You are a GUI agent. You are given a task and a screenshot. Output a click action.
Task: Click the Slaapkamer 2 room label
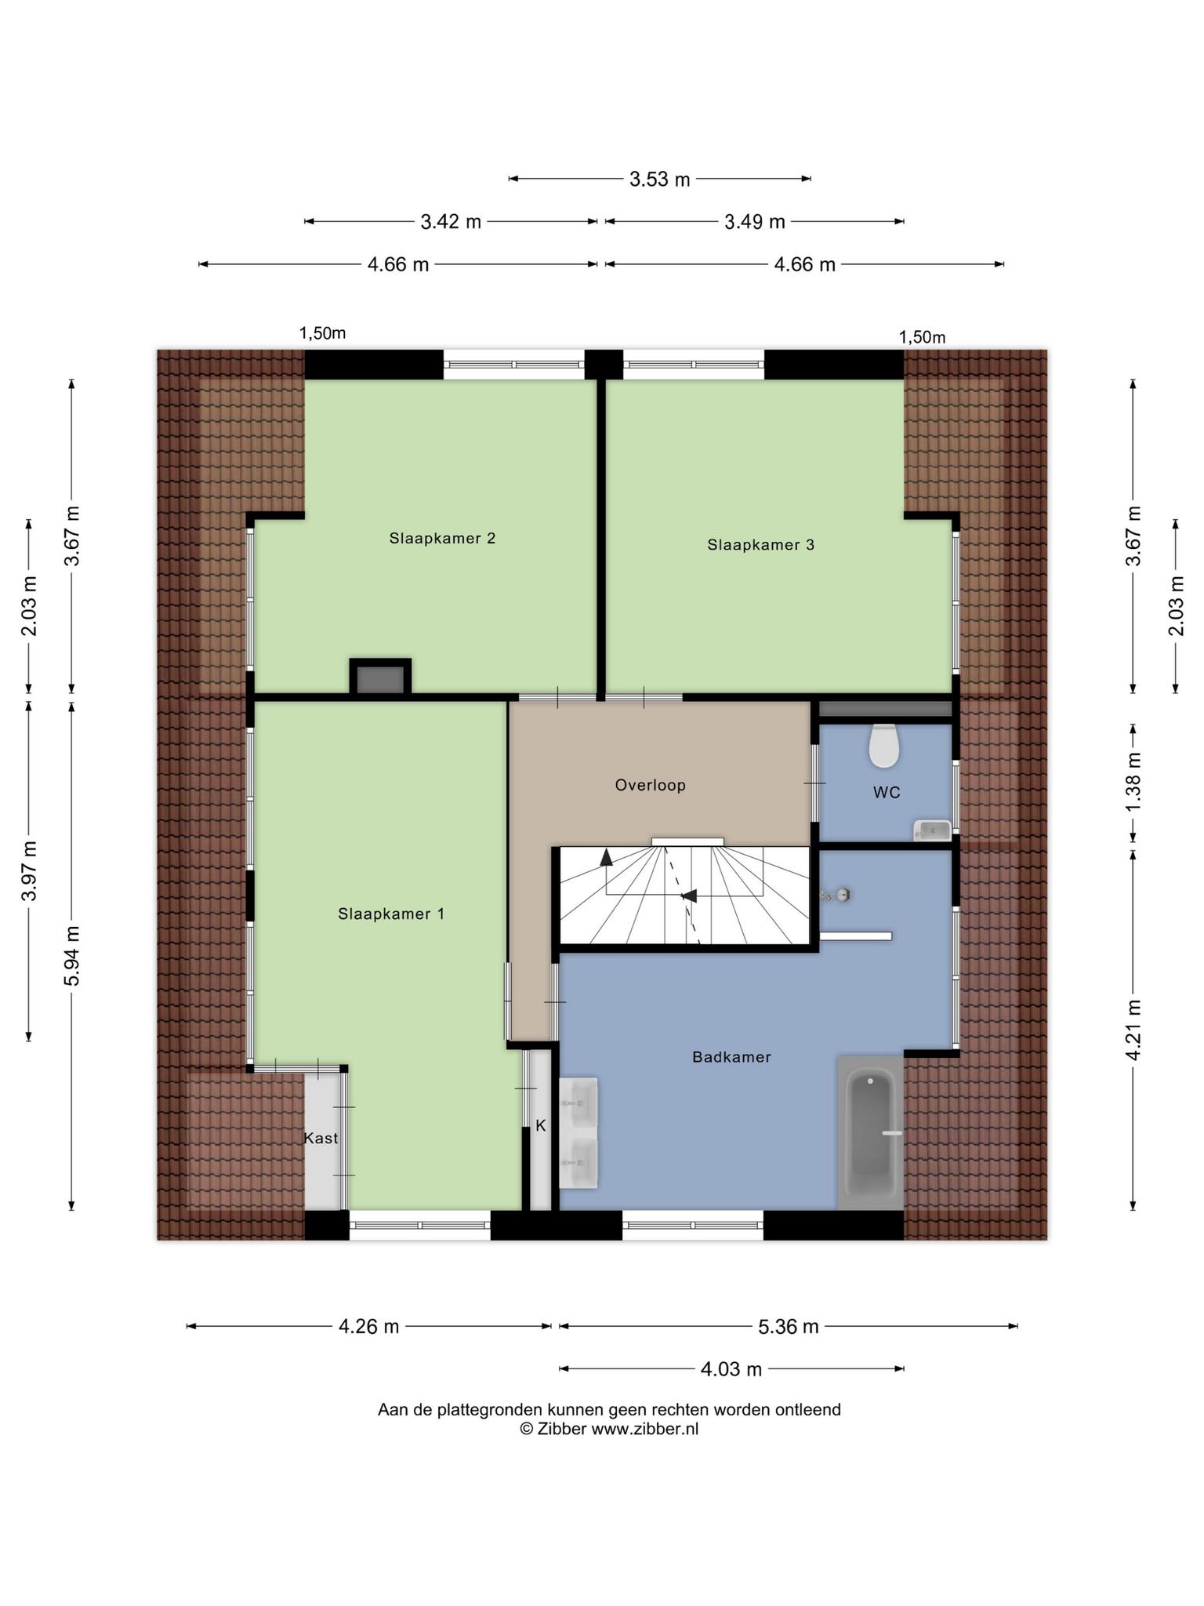click(x=442, y=539)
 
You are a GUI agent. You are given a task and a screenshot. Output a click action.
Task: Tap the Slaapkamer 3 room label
click(x=760, y=545)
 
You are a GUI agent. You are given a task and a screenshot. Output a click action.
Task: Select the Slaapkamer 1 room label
click(x=391, y=914)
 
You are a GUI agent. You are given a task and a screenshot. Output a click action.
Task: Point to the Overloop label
click(x=650, y=786)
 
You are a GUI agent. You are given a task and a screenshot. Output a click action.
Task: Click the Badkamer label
click(x=731, y=1058)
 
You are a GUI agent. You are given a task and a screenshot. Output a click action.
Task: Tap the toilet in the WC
click(x=883, y=746)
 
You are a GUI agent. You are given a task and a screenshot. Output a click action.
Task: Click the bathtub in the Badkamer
click(x=870, y=1132)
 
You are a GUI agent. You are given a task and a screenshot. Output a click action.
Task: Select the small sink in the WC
click(x=932, y=830)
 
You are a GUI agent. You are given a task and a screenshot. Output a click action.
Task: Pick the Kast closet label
click(x=321, y=1139)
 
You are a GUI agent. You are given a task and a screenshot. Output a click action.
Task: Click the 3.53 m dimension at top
click(x=660, y=180)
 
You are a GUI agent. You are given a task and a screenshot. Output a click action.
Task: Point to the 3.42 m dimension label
click(x=451, y=222)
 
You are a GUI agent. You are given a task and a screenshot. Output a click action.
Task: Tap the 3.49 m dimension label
click(x=754, y=222)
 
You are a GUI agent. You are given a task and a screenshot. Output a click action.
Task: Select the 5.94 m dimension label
click(x=72, y=956)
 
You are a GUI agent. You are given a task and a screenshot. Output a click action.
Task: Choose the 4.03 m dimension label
click(x=731, y=1369)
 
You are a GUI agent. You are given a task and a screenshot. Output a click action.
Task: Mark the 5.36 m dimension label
click(x=789, y=1327)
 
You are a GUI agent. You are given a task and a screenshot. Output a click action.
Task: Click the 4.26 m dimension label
click(x=368, y=1327)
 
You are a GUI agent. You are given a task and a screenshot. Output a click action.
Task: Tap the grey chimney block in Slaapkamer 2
click(x=380, y=678)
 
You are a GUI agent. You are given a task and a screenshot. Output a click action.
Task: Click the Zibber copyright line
click(x=609, y=1429)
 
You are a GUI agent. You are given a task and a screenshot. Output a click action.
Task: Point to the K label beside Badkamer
click(x=540, y=1126)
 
